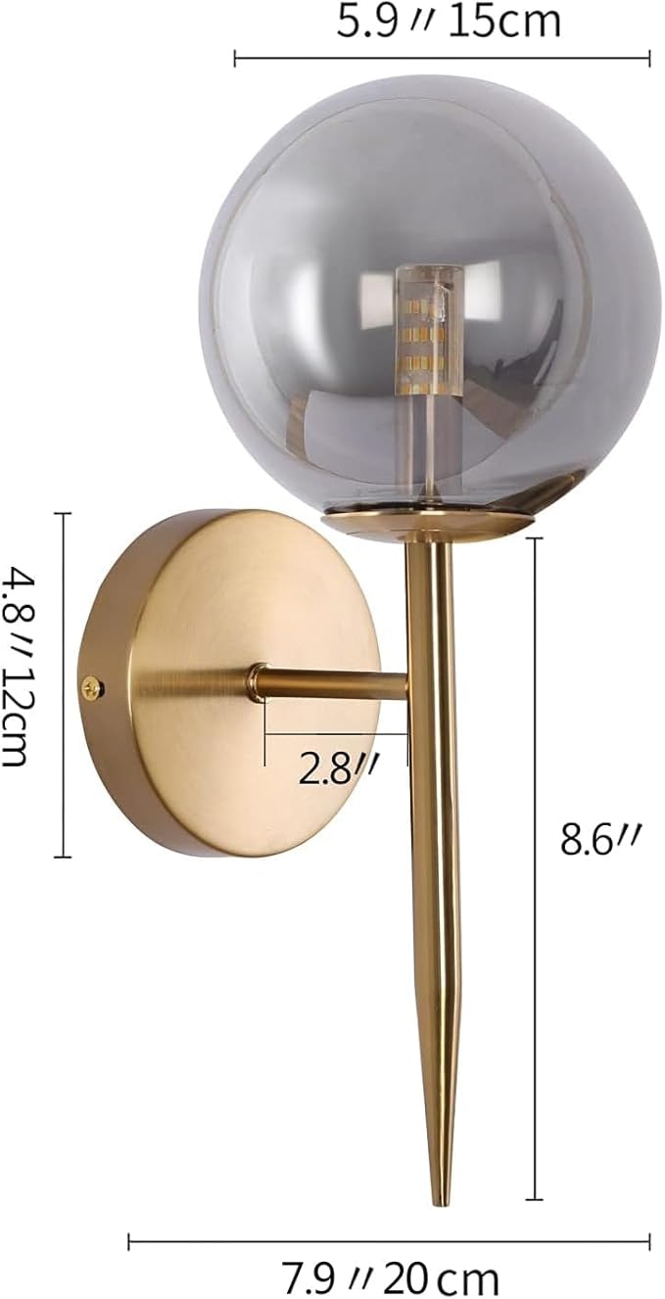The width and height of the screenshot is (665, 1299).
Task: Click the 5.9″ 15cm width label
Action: pyautogui.click(x=449, y=22)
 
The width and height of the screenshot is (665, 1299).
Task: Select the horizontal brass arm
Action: pyautogui.click(x=333, y=683)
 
